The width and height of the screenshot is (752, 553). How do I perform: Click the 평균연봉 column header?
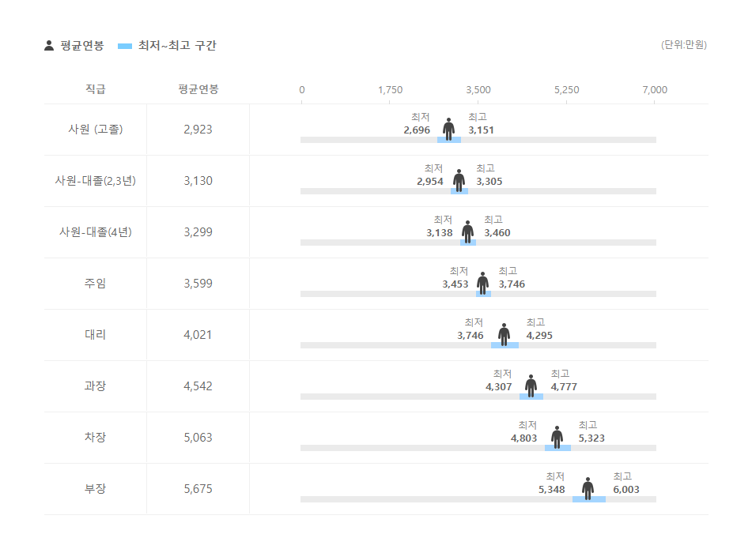click(198, 89)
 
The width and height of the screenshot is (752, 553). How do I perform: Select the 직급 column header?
click(95, 89)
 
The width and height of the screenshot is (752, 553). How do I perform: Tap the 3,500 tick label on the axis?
click(478, 90)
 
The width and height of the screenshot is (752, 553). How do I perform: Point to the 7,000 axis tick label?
click(655, 90)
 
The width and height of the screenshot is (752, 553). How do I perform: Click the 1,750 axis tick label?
click(390, 90)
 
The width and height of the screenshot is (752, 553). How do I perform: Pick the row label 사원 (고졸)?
click(95, 130)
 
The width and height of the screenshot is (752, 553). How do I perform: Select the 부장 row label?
click(95, 489)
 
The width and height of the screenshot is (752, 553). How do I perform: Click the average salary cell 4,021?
click(198, 335)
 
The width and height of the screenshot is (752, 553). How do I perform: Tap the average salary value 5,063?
click(198, 438)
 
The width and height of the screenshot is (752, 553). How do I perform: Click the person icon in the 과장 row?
click(531, 385)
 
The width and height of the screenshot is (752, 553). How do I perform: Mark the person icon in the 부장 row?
click(588, 487)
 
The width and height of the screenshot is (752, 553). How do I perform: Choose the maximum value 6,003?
click(626, 490)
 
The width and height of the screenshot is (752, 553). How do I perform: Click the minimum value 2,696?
click(417, 130)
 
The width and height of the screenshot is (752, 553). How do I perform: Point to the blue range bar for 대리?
click(504, 345)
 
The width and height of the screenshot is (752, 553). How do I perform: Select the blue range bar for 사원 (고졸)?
click(449, 140)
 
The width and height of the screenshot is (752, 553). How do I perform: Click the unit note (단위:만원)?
click(683, 45)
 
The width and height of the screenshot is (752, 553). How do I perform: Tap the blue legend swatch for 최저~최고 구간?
click(125, 46)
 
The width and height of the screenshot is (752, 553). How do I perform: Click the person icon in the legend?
click(49, 46)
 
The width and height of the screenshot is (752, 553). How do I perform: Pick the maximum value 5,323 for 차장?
click(591, 438)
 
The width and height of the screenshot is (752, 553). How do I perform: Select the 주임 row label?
click(95, 284)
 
